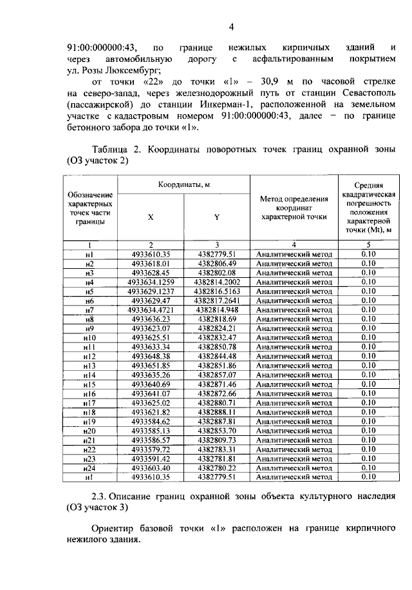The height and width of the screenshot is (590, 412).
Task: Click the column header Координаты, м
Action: coord(184,185)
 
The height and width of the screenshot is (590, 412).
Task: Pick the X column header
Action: coord(151,217)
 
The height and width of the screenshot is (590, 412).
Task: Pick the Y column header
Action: coord(217,217)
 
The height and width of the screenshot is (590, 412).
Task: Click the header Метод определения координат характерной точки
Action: coord(294,208)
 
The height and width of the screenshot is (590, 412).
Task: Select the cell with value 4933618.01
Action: coord(151,264)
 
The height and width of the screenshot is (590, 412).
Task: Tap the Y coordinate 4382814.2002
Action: coord(217,282)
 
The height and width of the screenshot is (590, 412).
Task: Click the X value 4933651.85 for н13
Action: coord(151,366)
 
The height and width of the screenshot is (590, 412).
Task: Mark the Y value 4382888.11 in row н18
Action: coord(217,412)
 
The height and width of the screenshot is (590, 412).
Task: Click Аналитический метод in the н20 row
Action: coord(294,431)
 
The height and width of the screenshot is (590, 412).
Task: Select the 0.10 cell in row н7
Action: coord(368,310)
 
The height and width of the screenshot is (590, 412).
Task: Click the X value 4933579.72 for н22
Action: coord(151,449)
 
